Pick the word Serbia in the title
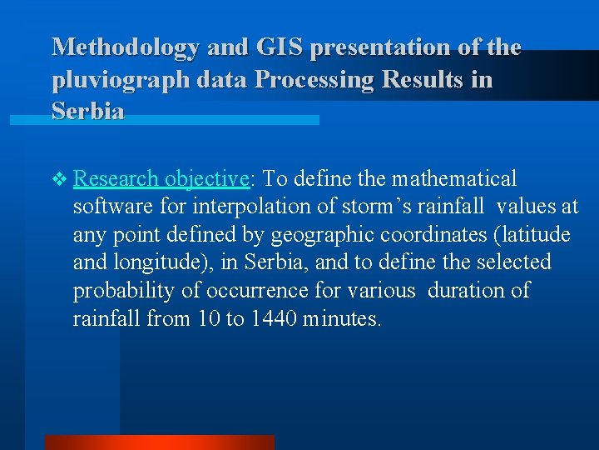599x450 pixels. (88, 112)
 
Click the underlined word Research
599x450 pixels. (116, 178)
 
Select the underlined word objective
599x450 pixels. (207, 179)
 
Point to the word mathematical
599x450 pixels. (454, 178)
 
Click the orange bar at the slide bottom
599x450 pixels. (159, 442)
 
